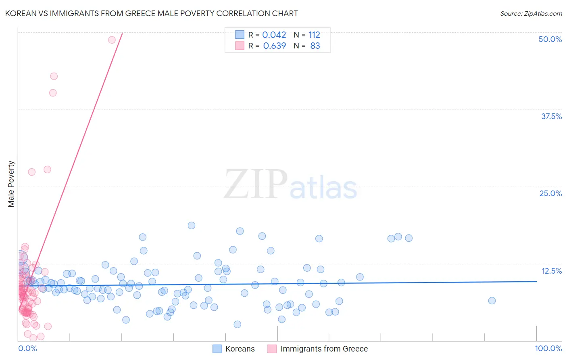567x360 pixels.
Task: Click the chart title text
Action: (x=151, y=13)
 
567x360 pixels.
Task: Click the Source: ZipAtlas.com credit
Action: (x=531, y=13)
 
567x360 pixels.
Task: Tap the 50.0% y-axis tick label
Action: (x=550, y=39)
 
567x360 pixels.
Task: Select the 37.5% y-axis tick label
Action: (x=551, y=116)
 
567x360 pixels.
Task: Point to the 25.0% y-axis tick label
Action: (x=550, y=193)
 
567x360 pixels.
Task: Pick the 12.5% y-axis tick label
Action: (x=551, y=271)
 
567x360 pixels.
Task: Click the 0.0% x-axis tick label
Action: (x=27, y=348)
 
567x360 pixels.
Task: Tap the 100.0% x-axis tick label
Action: (x=548, y=348)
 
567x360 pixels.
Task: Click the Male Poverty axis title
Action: (x=11, y=184)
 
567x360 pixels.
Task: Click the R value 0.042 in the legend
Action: (x=274, y=35)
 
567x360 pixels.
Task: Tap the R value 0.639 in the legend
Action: (x=274, y=46)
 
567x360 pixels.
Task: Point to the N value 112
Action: (x=314, y=35)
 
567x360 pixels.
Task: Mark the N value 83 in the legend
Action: (x=315, y=46)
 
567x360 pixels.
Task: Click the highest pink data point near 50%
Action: (x=112, y=40)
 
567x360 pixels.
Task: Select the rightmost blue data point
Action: (x=492, y=300)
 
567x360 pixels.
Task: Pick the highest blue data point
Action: (x=192, y=225)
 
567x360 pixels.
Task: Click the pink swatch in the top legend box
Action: (x=240, y=46)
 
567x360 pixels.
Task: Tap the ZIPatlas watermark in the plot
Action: (x=290, y=184)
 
